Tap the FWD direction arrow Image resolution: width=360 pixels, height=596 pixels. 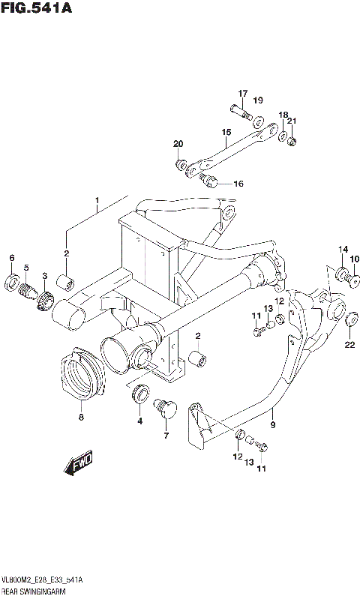click(x=78, y=464)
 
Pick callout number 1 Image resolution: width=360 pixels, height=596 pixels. click(x=97, y=201)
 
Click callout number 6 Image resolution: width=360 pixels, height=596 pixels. click(x=12, y=259)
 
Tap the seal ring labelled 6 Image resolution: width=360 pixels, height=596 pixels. click(x=13, y=283)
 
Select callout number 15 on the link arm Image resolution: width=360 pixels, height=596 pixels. click(x=225, y=135)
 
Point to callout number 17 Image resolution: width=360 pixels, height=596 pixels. click(x=243, y=94)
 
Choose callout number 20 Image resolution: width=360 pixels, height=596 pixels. click(x=178, y=144)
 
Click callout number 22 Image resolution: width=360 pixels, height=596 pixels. click(x=349, y=345)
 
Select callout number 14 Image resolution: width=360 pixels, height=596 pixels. click(x=343, y=250)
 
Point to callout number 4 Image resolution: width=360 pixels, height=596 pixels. click(x=139, y=421)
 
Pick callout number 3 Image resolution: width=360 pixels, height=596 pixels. click(x=45, y=277)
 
